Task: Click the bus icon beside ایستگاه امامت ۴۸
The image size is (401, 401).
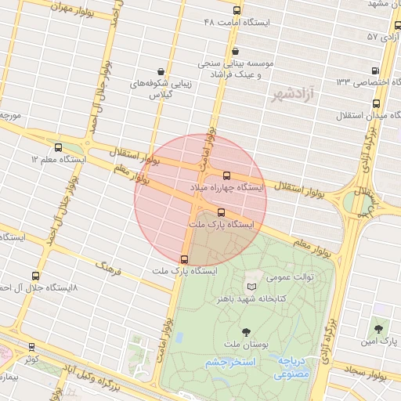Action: coord(237,10)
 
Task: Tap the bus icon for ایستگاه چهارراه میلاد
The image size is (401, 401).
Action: coord(227,175)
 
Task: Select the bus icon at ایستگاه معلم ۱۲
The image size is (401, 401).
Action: coord(58,146)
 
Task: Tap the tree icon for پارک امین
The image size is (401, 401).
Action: coord(379,330)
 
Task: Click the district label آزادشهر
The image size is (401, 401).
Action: coord(287,96)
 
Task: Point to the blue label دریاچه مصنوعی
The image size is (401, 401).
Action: coord(291,368)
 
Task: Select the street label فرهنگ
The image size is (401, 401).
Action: coord(111,266)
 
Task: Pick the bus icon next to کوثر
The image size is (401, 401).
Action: coord(31,346)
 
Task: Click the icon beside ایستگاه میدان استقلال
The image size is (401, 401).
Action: coord(377,103)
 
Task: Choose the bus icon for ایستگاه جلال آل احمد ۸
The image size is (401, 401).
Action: coord(35,276)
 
